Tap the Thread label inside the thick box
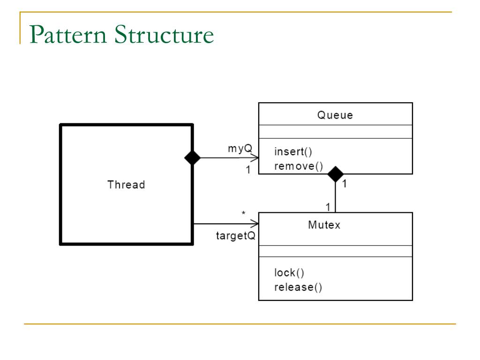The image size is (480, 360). pos(126,185)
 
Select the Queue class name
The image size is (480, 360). pos(335,115)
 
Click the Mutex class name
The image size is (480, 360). pos(324,225)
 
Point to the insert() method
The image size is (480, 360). pos(293,152)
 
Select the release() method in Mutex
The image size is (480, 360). pos(298,287)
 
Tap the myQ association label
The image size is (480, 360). pos(240,149)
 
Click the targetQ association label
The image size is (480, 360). pos(235,236)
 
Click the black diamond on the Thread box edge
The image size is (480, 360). pos(192,158)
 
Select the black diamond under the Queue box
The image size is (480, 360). pos(335,174)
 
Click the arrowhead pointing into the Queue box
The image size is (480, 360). pos(255,158)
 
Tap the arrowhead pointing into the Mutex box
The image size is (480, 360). pos(255,224)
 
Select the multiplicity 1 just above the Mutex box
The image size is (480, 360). pos(328,207)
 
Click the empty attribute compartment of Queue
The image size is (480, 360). pos(335,132)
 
